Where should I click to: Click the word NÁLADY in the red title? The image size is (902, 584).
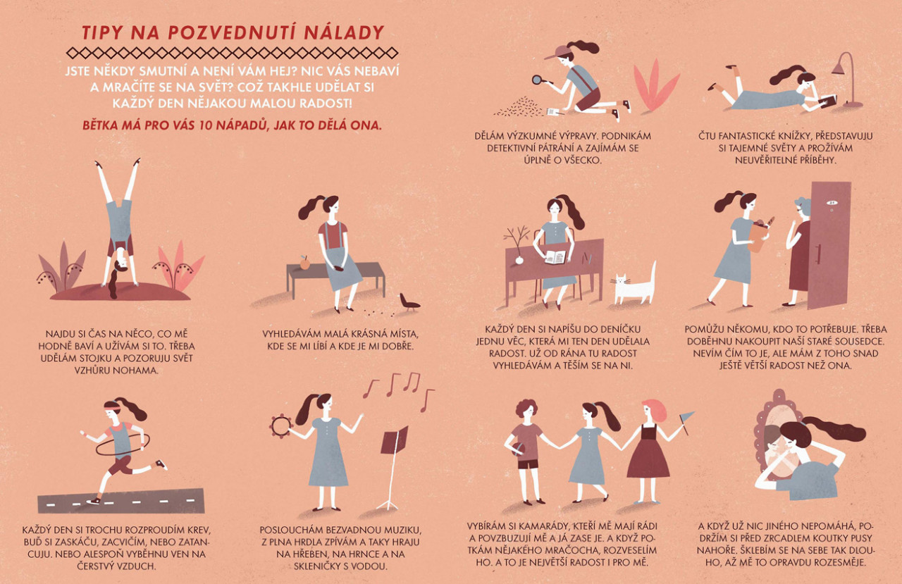coord(345,32)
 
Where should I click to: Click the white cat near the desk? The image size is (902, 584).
coord(634,285)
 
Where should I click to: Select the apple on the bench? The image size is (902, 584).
coord(305,263)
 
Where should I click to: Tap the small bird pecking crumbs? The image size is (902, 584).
coord(408,302)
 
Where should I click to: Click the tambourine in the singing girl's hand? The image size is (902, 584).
coord(280,426)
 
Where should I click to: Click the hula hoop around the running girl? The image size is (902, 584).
coord(122,445)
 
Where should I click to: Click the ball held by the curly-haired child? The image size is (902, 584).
coord(517,449)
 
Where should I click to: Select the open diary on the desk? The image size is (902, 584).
coord(555,257)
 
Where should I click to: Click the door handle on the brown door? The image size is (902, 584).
coord(818,254)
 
